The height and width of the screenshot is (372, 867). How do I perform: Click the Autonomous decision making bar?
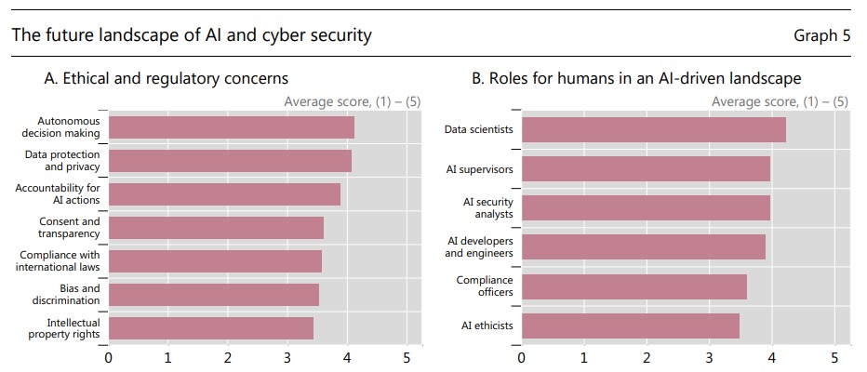click(231, 127)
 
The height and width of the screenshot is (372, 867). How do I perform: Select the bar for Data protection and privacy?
click(230, 161)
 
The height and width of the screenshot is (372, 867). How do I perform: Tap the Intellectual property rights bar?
click(210, 328)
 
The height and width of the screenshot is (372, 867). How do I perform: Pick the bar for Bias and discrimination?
click(213, 295)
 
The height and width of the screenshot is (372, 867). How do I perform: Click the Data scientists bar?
click(653, 129)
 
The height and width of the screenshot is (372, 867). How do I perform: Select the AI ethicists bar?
click(630, 326)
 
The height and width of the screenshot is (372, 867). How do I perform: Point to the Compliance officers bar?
click(634, 286)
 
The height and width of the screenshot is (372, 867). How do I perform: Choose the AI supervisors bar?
click(646, 169)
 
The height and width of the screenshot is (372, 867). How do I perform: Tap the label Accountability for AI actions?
click(58, 194)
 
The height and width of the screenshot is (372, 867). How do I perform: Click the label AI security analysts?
click(487, 207)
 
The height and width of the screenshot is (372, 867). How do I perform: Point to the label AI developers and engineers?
click(479, 247)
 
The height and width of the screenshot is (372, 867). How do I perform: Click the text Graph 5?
click(821, 36)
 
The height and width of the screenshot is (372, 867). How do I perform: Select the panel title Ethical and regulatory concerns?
click(167, 79)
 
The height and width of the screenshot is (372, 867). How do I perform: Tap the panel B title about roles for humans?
click(636, 79)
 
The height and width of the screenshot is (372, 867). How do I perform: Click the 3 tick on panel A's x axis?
click(287, 357)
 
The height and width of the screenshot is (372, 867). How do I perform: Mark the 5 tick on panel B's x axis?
click(834, 357)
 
